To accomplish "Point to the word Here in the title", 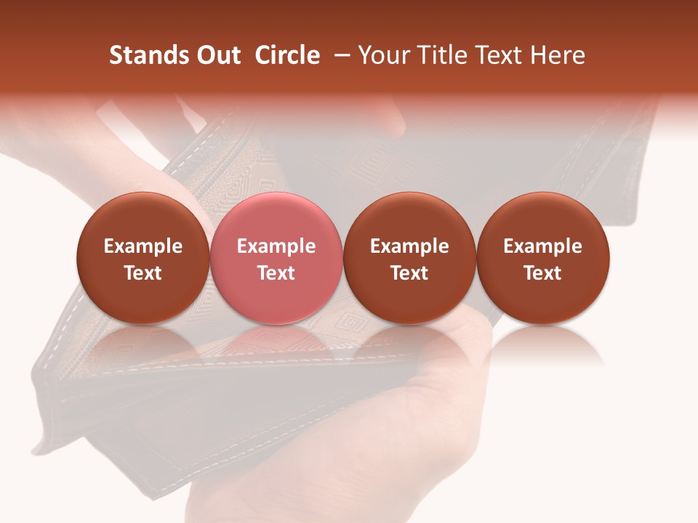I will [558, 55].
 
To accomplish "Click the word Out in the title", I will [219, 55].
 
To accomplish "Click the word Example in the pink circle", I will [276, 246].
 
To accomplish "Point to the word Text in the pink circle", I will [276, 273].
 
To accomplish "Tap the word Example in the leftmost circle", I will [143, 246].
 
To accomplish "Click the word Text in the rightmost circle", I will [543, 273].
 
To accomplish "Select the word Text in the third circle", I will [409, 273].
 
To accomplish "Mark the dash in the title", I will [342, 55].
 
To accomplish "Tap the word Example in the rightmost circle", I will [543, 246].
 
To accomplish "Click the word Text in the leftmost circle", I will [143, 273].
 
